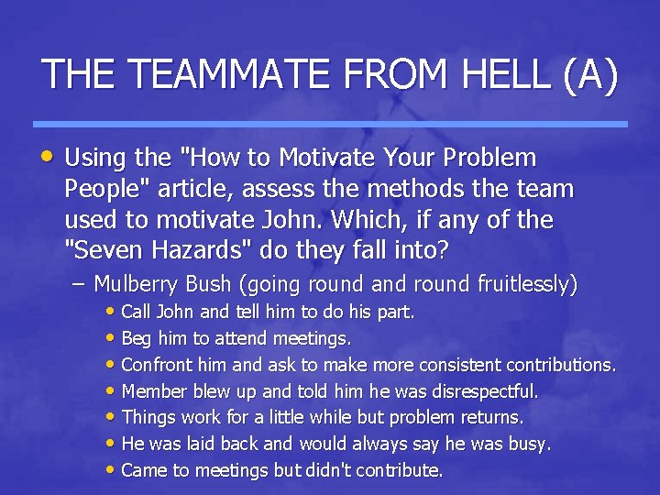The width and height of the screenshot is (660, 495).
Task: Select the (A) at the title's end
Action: (590, 74)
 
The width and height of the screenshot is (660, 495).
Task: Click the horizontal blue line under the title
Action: (330, 124)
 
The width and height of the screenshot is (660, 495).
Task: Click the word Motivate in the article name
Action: (322, 158)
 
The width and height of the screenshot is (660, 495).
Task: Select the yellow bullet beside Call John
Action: (111, 312)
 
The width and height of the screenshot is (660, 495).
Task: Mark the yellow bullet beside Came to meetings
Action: (111, 470)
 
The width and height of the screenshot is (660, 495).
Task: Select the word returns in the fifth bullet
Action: (491, 418)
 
